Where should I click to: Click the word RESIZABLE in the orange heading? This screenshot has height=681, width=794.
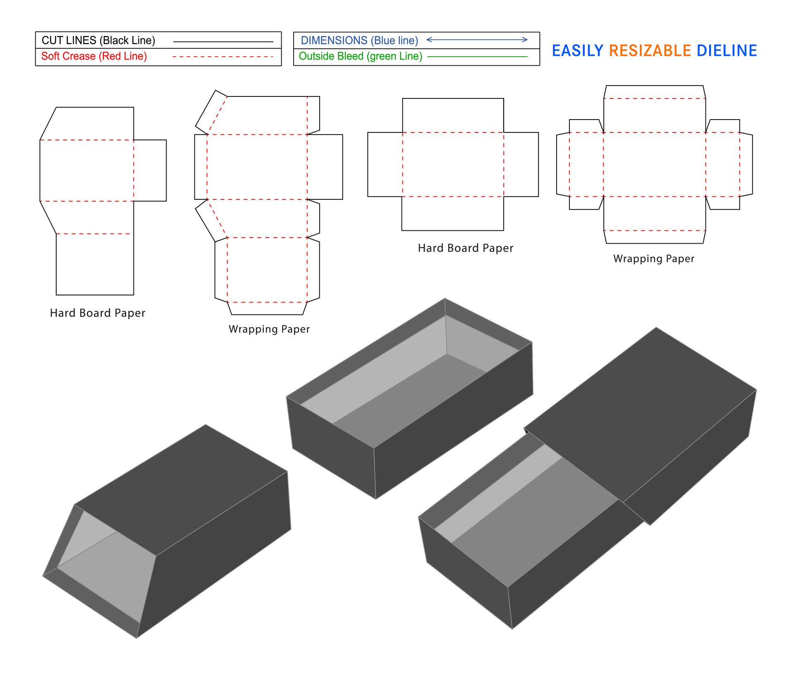(x=650, y=51)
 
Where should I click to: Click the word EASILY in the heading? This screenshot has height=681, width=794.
(x=577, y=51)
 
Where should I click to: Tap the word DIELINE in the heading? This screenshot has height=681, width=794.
(x=727, y=51)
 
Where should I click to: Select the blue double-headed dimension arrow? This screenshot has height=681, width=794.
(x=477, y=40)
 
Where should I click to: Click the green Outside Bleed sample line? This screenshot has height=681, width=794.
(x=477, y=56)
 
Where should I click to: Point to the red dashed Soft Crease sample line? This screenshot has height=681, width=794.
(x=222, y=57)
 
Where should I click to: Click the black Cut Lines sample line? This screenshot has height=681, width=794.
(x=223, y=42)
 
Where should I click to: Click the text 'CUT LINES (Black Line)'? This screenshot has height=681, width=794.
(x=98, y=41)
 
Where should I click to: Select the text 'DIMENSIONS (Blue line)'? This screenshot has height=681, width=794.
(x=359, y=41)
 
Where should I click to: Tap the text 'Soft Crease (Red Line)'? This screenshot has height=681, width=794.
(x=94, y=56)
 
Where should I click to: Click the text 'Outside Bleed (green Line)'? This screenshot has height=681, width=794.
(x=360, y=56)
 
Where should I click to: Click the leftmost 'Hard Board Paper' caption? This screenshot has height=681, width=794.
(x=98, y=313)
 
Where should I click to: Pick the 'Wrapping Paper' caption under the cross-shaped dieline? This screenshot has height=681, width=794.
(x=653, y=259)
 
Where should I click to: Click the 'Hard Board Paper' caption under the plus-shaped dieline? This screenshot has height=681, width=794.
(x=465, y=248)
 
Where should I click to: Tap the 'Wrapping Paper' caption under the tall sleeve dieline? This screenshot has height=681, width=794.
(x=269, y=329)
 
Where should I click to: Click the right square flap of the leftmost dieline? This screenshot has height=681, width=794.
(x=150, y=170)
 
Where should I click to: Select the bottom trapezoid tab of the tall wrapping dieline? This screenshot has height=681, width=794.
(x=267, y=308)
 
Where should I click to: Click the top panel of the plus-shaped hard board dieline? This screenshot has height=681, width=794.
(x=453, y=115)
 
